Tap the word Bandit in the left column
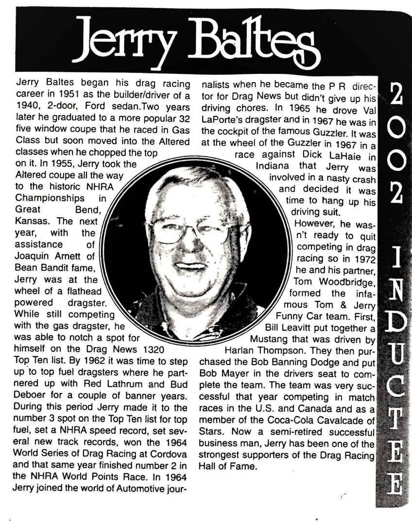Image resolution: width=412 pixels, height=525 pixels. [56, 267]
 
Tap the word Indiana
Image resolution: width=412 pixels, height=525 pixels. [273, 166]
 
